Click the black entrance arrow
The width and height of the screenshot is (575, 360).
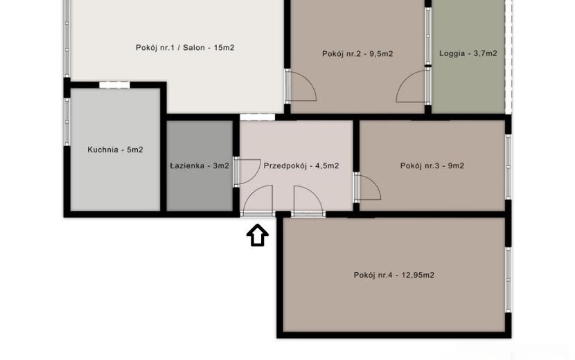(x=258, y=235)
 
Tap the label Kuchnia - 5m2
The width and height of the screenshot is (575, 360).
(x=115, y=150)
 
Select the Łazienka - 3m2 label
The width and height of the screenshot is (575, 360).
(x=200, y=165)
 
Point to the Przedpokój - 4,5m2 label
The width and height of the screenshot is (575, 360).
(x=301, y=165)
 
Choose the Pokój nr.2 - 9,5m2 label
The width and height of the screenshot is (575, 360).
(x=357, y=54)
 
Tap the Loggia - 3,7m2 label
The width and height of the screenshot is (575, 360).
(x=468, y=53)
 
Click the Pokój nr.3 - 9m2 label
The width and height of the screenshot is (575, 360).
(x=432, y=165)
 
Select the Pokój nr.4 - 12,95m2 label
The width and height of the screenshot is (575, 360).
(x=394, y=275)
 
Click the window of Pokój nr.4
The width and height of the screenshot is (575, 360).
(x=508, y=280)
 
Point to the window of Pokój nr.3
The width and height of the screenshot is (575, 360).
(x=508, y=167)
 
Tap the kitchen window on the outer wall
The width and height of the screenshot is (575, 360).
(x=67, y=122)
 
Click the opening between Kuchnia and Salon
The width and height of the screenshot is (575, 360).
(x=114, y=85)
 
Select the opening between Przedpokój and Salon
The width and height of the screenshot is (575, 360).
(x=258, y=117)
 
